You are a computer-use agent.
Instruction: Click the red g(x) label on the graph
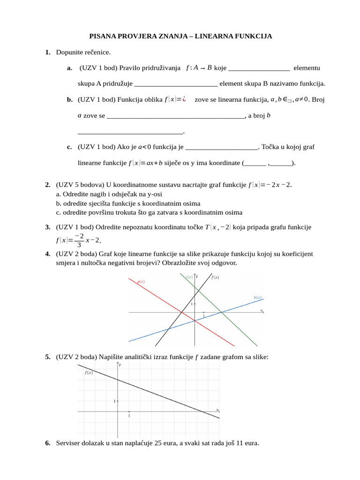pos(141,281)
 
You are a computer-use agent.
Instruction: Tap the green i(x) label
pos(189,277)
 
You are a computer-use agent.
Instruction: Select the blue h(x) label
pos(257,297)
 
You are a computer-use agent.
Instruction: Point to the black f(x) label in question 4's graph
pos(215,277)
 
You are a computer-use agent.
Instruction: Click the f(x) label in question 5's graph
pos(89,373)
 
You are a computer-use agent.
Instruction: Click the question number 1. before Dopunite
pos(48,52)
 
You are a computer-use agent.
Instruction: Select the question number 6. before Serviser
pos(48,443)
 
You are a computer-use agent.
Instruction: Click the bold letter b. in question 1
pos(69,99)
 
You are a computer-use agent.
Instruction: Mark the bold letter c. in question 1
pos(69,147)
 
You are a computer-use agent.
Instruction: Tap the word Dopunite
pos(70,52)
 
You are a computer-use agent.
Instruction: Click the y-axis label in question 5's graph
pos(120,364)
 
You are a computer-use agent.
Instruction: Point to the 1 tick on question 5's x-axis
pos(129,416)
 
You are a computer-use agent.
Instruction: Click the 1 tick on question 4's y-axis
pos(191,304)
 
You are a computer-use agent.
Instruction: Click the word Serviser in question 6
pos(68,443)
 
